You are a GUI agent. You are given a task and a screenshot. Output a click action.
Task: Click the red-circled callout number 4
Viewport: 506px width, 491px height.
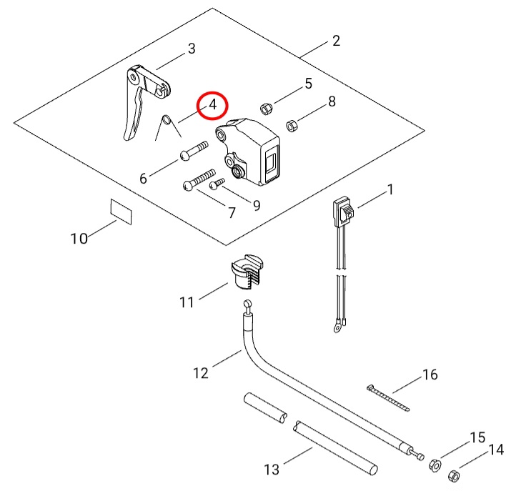click(x=212, y=104)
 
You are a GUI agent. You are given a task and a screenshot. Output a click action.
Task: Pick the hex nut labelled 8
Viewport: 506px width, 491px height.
click(x=292, y=126)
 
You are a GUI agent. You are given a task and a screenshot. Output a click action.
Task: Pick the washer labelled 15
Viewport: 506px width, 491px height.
click(x=434, y=465)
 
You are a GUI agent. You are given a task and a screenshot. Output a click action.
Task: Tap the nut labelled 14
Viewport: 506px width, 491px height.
click(x=452, y=475)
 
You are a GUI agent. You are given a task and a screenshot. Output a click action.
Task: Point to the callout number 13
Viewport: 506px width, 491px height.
click(x=272, y=470)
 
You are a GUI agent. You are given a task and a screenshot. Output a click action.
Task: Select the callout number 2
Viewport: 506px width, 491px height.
click(x=336, y=41)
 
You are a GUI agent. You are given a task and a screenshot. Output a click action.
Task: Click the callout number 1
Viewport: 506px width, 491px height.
click(x=390, y=189)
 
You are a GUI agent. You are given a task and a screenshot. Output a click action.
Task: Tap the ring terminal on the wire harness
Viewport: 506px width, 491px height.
click(x=334, y=328)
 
